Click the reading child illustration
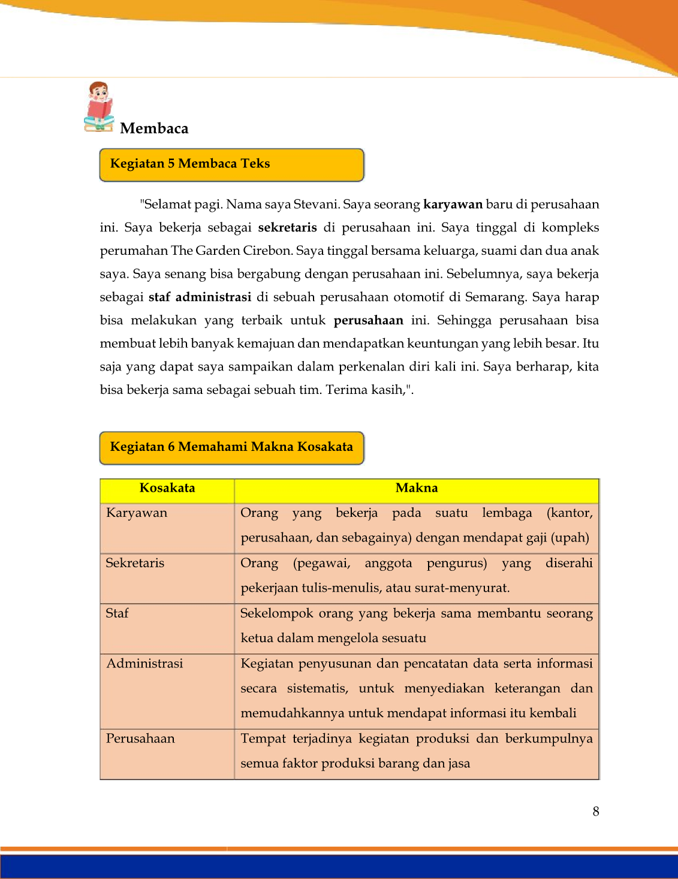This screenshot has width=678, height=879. (99, 107)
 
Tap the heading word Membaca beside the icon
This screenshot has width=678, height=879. (154, 128)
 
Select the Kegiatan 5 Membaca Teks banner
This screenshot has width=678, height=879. (231, 164)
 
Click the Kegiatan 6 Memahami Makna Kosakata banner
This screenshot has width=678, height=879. (231, 447)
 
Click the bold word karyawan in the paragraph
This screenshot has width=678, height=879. (453, 204)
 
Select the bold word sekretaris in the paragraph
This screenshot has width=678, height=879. (287, 228)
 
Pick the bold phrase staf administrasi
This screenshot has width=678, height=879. (200, 297)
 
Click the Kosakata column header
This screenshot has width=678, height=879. (167, 488)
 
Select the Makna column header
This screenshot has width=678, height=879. (417, 488)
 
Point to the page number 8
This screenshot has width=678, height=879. (596, 812)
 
